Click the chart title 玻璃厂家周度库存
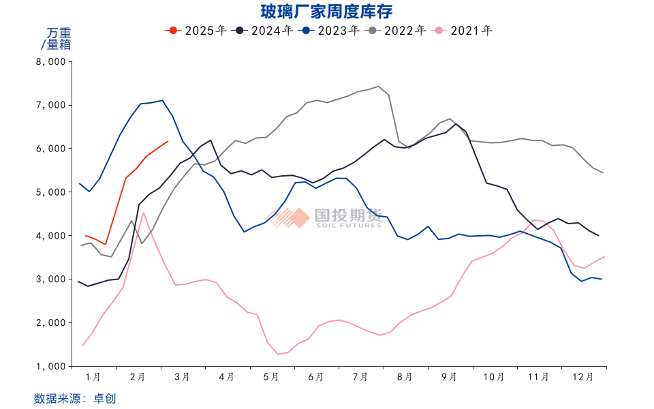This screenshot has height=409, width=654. (x=327, y=12)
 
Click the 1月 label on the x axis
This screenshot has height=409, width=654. (x=93, y=376)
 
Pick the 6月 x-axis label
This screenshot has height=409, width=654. (x=315, y=376)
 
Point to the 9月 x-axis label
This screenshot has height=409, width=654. (x=449, y=376)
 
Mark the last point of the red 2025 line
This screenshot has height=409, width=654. (x=168, y=142)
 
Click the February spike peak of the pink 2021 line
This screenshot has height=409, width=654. (x=143, y=213)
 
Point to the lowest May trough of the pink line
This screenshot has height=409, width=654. (x=278, y=354)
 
